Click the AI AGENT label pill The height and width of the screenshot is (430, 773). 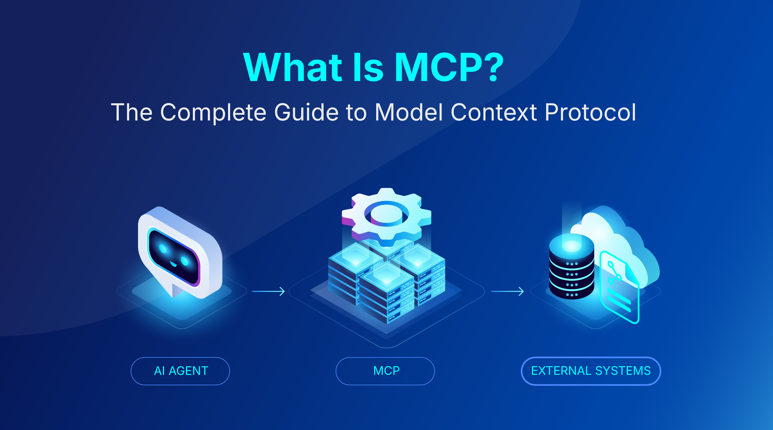[180, 371]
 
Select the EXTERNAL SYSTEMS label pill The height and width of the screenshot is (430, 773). [591, 371]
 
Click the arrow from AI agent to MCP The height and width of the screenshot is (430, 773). [268, 291]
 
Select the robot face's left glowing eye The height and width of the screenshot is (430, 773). [163, 248]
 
